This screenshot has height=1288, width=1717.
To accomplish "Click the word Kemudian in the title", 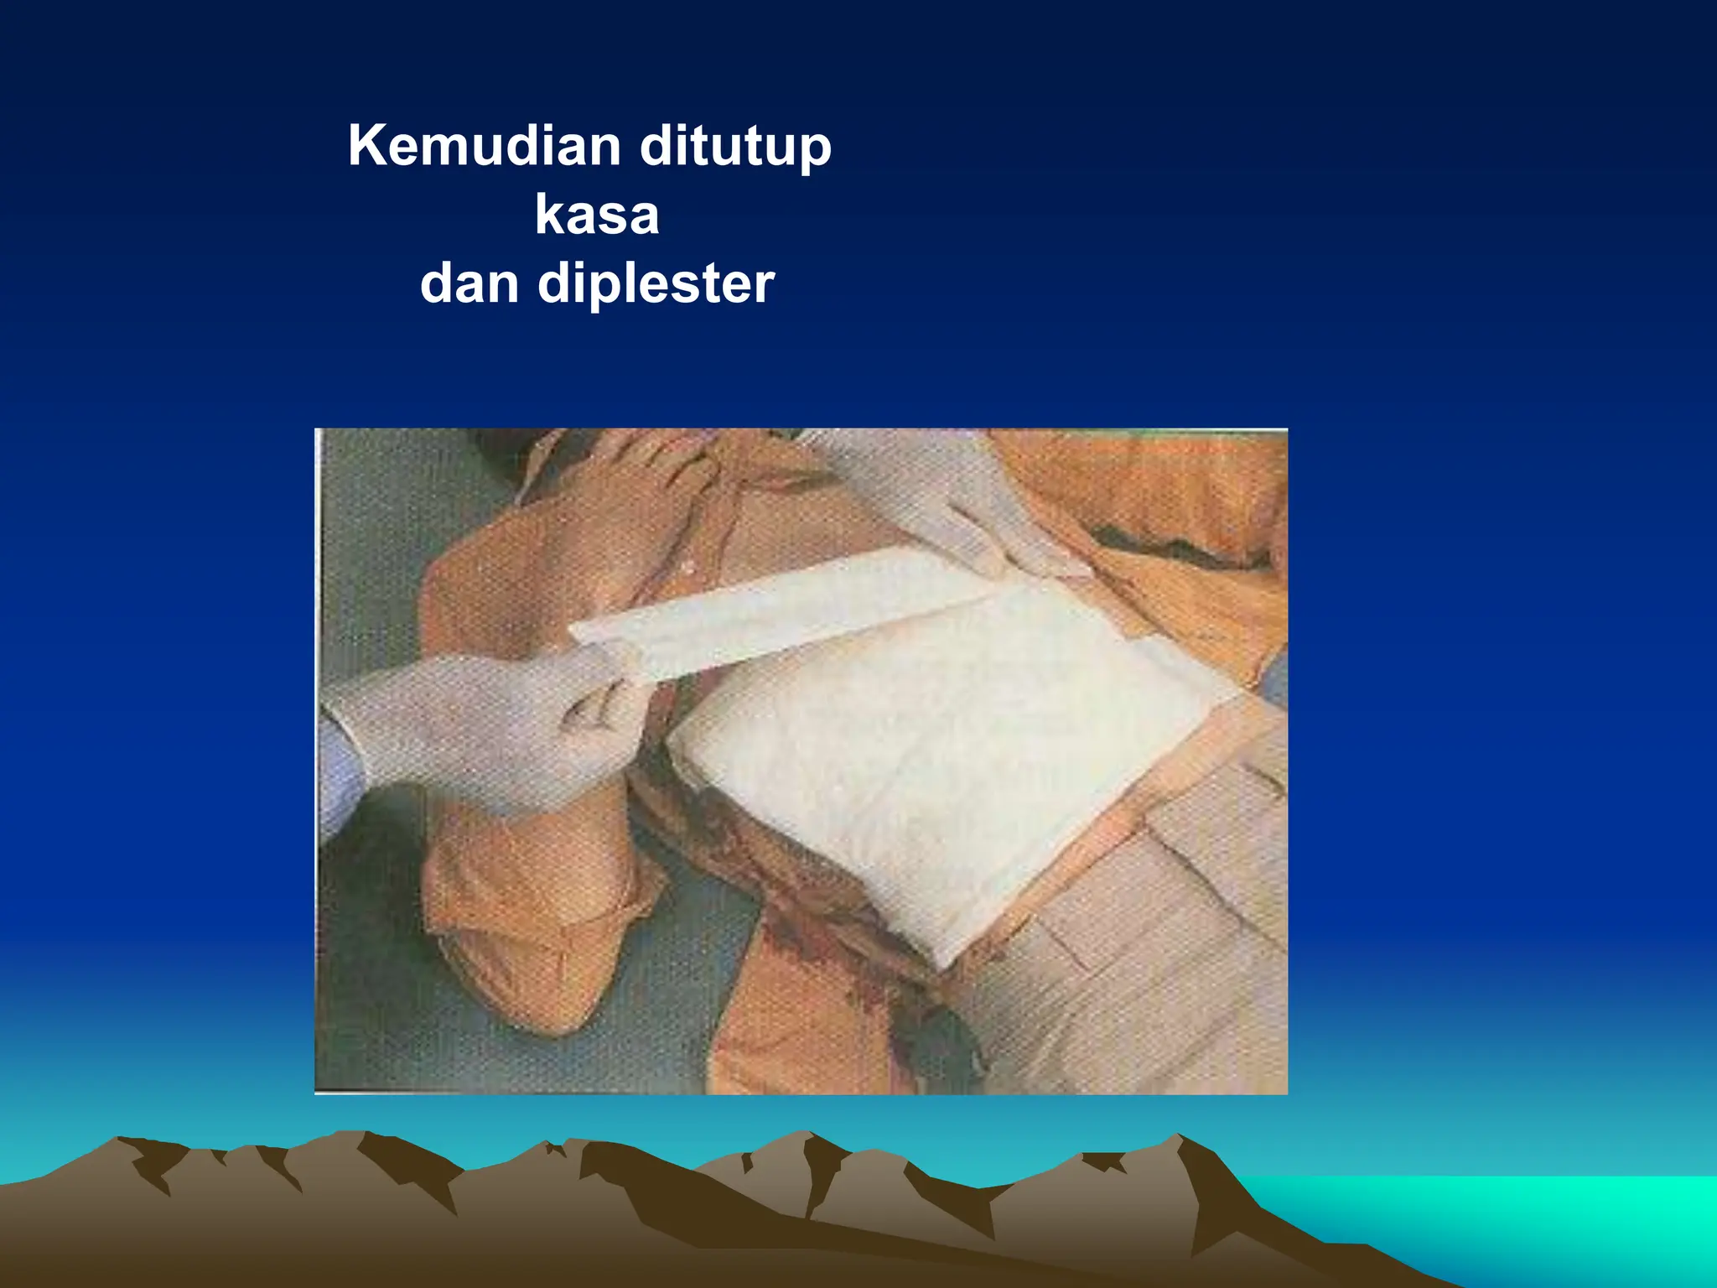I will tap(484, 147).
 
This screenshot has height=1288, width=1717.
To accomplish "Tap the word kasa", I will tap(597, 216).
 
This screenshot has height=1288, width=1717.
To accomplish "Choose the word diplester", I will tap(656, 285).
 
